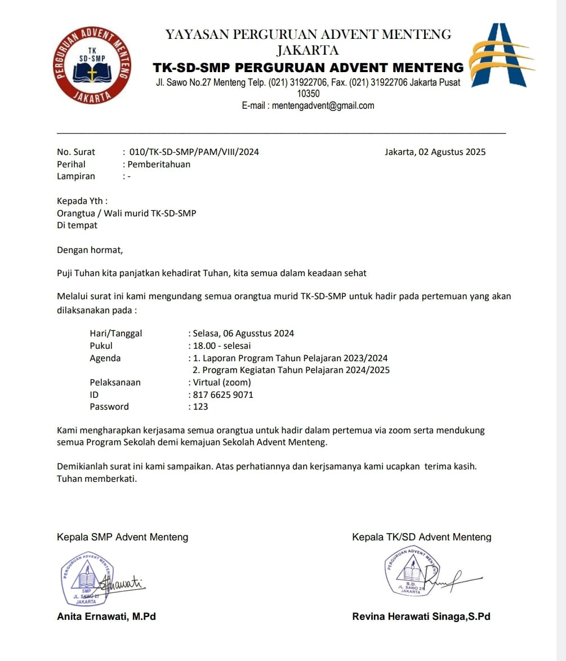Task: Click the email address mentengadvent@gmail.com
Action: point(323,105)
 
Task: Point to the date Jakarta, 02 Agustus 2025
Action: point(435,152)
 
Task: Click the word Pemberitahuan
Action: point(159,165)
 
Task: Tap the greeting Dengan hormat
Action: point(90,250)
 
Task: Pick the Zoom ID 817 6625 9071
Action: point(223,394)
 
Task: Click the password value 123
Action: point(200,407)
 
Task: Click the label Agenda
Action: point(105,358)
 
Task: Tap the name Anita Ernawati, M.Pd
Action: point(106,616)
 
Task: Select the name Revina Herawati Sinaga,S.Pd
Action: point(421,616)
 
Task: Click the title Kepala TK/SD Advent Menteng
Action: point(421,537)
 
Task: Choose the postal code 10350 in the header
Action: point(308,94)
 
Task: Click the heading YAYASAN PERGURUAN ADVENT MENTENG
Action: point(308,34)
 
